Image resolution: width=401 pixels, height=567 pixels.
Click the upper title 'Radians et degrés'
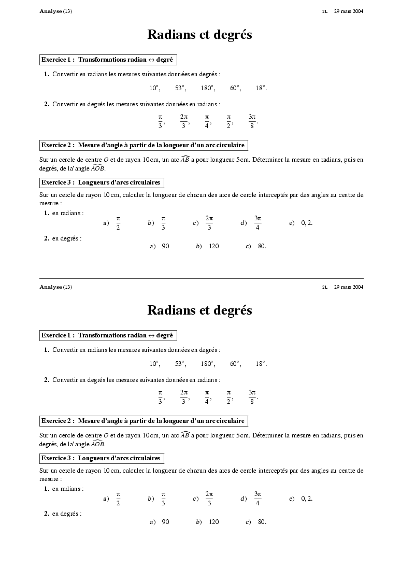[199, 35]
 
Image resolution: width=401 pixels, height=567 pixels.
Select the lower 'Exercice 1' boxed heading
[108, 335]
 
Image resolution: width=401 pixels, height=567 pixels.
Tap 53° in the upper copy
[180, 88]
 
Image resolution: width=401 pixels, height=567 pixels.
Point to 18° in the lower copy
[261, 364]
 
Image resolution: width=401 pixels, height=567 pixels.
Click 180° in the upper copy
[208, 88]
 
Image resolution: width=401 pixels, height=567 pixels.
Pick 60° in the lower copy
[236, 364]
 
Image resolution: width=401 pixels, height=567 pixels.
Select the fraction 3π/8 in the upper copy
[252, 121]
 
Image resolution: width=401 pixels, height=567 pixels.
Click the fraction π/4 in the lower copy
[207, 396]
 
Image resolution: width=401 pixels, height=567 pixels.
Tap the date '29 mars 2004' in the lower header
[348, 287]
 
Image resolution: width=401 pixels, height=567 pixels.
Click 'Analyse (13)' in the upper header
[56, 11]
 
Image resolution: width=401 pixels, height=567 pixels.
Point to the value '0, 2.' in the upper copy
[307, 223]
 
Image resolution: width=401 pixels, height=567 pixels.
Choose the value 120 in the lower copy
[214, 522]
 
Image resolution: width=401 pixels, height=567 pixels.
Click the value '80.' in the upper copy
[262, 246]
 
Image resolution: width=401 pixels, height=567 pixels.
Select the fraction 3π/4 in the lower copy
[257, 499]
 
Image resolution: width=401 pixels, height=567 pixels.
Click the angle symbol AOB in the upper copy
[98, 168]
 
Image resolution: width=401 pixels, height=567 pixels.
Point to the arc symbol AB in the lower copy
[185, 435]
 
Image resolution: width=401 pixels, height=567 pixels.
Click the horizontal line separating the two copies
[201, 278]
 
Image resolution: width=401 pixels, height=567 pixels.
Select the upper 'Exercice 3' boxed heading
[101, 182]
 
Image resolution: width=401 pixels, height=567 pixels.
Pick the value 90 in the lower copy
[165, 522]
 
